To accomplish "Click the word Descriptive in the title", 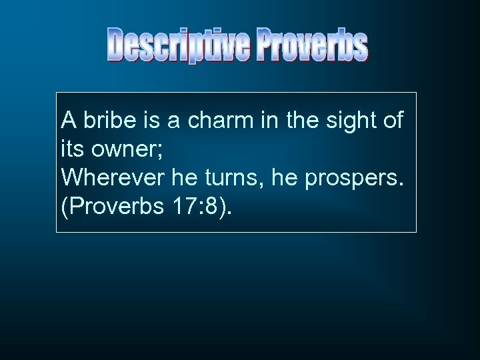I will (179, 45).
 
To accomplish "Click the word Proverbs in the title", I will (313, 45).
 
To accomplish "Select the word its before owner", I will (71, 150).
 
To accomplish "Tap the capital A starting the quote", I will (67, 121).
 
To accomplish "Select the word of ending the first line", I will (393, 121).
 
